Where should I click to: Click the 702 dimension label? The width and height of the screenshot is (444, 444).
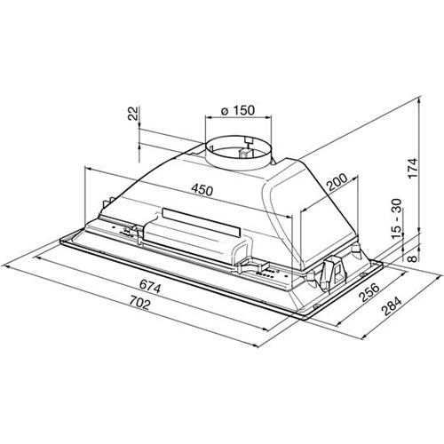tap(139, 303)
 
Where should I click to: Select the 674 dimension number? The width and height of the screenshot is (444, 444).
tap(150, 286)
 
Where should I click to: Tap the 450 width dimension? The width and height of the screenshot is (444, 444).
tap(202, 189)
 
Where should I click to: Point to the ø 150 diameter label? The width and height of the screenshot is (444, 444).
tap(238, 110)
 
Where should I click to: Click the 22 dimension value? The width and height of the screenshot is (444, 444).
tap(133, 114)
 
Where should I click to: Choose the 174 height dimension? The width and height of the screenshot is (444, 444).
tap(412, 168)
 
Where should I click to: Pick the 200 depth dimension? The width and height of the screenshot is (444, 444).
tap(337, 182)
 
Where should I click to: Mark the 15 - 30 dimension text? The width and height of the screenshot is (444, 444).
tap(397, 219)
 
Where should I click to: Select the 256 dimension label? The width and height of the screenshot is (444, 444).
tap(369, 292)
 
